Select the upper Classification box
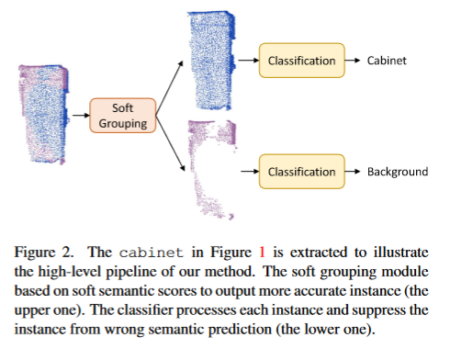pyautogui.click(x=301, y=61)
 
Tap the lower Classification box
pyautogui.click(x=301, y=172)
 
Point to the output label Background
pyautogui.click(x=398, y=172)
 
